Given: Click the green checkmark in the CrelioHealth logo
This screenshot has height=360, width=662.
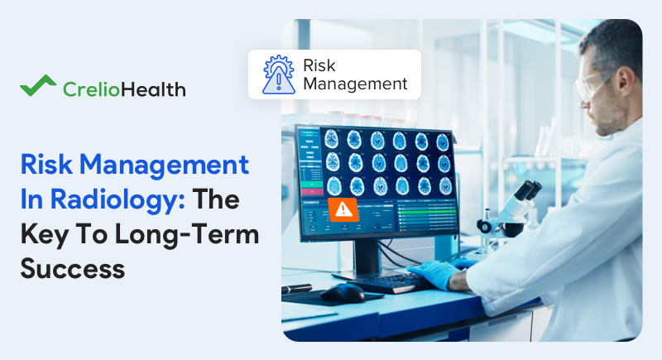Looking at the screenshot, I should (x=37, y=86).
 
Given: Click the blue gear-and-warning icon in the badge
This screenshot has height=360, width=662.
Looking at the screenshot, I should (x=278, y=74).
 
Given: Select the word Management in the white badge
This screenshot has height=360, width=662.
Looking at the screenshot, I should (x=356, y=84).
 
